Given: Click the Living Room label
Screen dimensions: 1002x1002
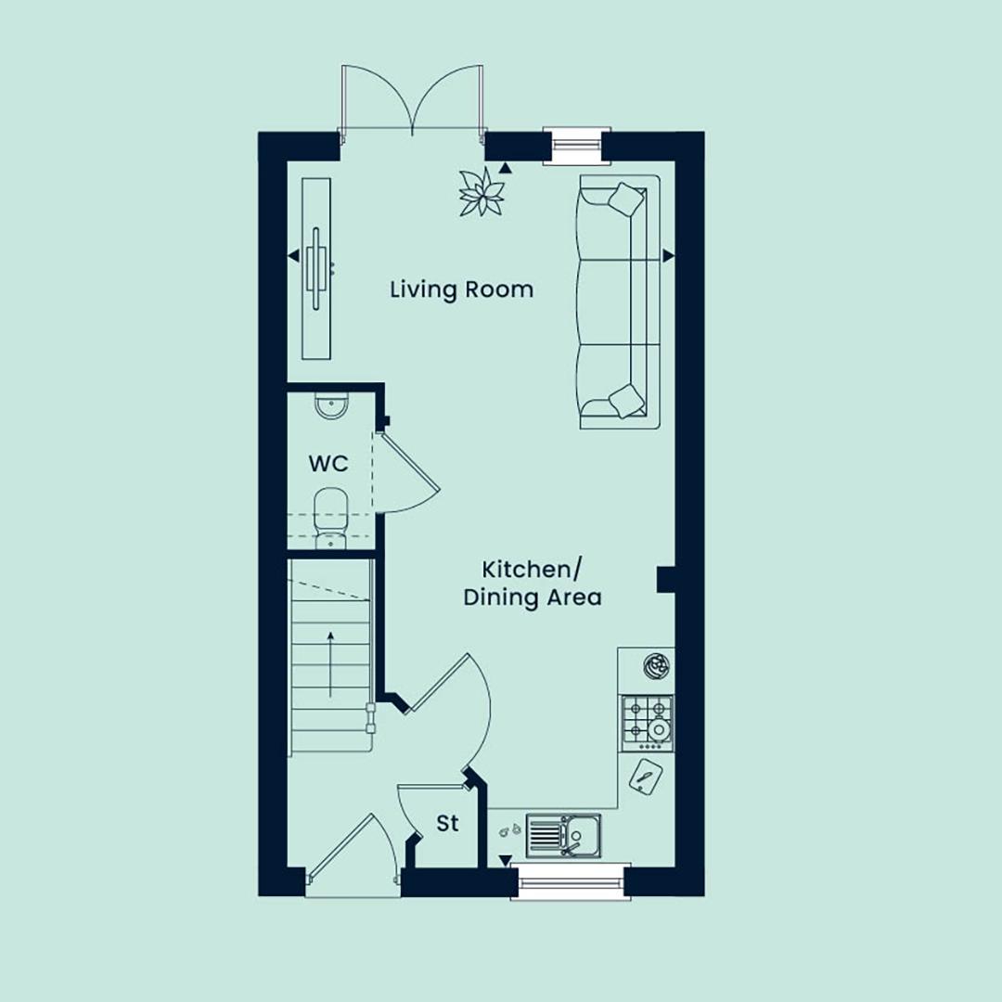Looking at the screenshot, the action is pos(461,289).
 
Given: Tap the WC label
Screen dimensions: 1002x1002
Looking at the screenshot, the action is pos(328,463).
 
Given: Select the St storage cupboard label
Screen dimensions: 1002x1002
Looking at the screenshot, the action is pos(447,823).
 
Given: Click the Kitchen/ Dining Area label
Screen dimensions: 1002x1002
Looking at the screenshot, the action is pos(532,584).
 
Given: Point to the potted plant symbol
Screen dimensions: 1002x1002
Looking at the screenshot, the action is pos(482,192).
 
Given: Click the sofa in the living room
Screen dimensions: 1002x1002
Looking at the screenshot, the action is pos(619,302).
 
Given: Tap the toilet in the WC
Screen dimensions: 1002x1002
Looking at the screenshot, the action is pos(331,519).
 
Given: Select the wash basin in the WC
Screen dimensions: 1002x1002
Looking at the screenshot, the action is pos(331,406).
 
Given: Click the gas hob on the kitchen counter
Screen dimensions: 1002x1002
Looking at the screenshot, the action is pos(648,724).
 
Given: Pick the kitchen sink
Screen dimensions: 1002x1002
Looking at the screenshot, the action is pos(564,836).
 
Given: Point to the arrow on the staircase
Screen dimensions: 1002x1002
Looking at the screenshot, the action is pos(330,664).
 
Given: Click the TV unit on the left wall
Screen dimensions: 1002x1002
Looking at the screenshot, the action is pos(317,268).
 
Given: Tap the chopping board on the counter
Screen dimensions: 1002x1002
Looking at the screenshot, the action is pos(646,777).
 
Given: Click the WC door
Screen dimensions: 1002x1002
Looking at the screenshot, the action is pos(406,473).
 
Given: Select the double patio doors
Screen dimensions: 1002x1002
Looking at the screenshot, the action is pos(412,100).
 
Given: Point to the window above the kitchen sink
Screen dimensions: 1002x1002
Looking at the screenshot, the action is pos(571,882).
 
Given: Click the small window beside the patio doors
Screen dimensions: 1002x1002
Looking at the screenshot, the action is pos(572,147).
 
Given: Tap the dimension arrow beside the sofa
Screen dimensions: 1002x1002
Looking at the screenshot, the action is pos(668,256).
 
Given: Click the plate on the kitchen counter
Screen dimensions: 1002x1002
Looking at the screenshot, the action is pos(656,666).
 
